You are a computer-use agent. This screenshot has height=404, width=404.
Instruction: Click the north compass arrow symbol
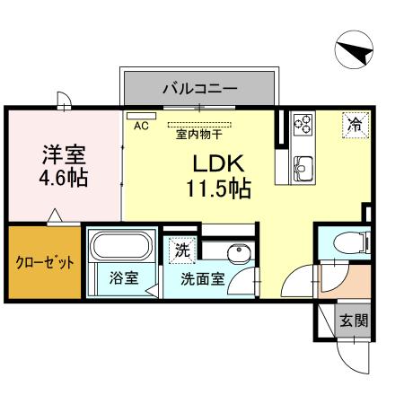[352, 51]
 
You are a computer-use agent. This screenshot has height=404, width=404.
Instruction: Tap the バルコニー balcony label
[199, 89]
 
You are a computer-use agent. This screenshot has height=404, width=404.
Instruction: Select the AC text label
[141, 127]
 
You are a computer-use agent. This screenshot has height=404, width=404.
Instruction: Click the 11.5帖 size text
[218, 189]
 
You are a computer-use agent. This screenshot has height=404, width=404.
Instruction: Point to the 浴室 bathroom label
[124, 277]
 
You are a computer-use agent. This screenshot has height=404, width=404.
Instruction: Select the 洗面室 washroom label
[202, 278]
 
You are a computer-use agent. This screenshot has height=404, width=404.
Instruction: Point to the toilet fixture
[352, 242]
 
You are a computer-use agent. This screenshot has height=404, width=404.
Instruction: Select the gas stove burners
[303, 124]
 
